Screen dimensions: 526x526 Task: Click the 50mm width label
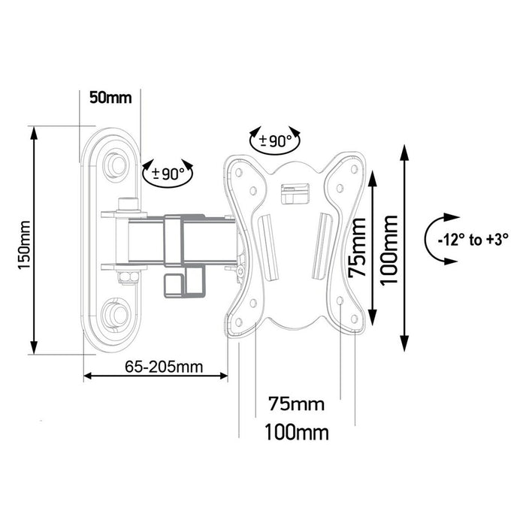click(x=110, y=98)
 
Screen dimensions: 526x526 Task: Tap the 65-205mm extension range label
click(x=154, y=367)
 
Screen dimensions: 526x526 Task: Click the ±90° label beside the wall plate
click(x=168, y=173)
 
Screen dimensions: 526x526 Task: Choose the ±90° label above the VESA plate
click(x=275, y=141)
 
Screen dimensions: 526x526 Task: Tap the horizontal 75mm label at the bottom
click(x=296, y=405)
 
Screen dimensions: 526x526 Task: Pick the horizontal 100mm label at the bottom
click(x=296, y=433)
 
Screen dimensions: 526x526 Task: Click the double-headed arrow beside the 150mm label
click(x=33, y=240)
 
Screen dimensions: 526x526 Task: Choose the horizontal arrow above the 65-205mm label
click(x=154, y=376)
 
